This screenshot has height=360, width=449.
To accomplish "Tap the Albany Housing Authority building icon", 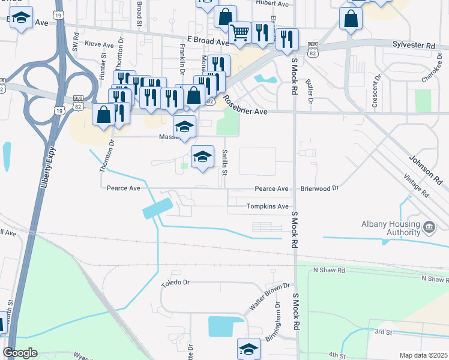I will (x=429, y=227).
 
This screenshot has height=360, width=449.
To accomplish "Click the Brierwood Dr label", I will (x=319, y=188).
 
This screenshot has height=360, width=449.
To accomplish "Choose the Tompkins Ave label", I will (x=268, y=206).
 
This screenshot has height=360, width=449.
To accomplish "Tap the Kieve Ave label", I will (x=100, y=44).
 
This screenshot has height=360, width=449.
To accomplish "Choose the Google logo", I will (x=20, y=353).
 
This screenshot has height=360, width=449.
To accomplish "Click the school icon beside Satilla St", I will (x=203, y=157).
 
